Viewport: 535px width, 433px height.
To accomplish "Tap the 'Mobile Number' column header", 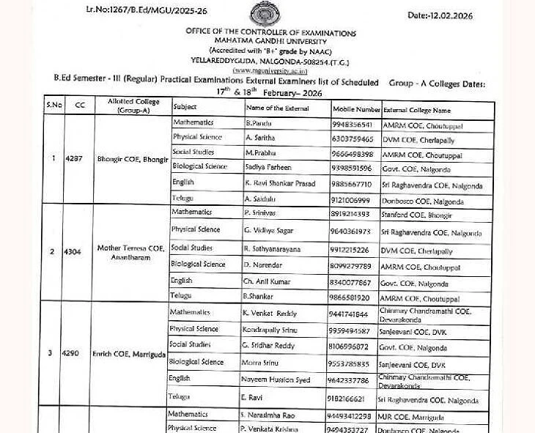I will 357,109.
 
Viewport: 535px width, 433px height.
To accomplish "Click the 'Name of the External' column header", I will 278,108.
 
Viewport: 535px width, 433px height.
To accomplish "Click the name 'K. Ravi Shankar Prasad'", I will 279,182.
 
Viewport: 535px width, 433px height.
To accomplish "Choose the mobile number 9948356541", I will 353,125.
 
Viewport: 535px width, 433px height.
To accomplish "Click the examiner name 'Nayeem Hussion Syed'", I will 276,380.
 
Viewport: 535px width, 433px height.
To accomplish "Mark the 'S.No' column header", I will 54,105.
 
